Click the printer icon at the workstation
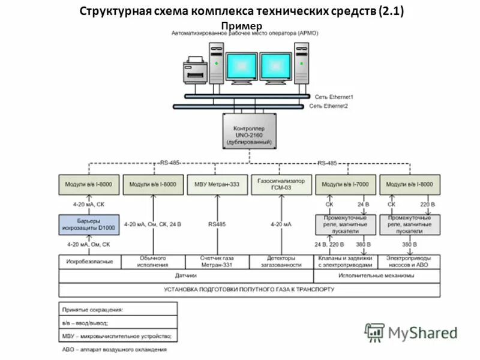point(195,70)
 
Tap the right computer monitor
point(276,65)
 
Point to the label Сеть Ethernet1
point(334,97)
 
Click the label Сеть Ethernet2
point(329,106)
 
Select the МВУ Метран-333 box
point(217,185)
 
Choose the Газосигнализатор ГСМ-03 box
point(280,185)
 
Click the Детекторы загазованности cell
point(280,262)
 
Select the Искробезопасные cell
point(90,262)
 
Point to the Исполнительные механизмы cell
point(376,276)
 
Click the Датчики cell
point(185,276)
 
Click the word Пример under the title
point(242,26)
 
